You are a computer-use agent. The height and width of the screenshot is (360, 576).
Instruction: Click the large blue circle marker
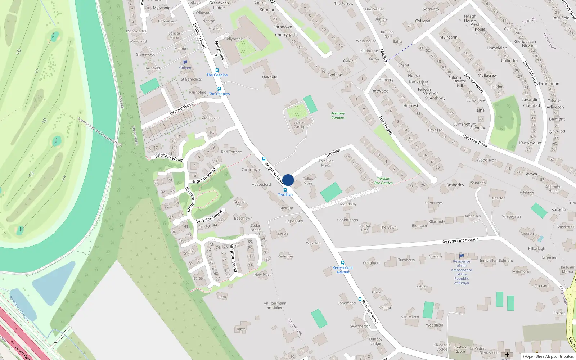[288, 180]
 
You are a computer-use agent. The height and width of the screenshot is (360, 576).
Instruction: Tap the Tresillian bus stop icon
[285, 190]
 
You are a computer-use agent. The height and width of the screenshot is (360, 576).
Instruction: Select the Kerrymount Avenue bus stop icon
[343, 263]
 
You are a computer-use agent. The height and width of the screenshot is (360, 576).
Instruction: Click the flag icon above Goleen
[185, 63]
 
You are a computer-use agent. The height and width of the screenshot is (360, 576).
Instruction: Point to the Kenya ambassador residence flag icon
[462, 256]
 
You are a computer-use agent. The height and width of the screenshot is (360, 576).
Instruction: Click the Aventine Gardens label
[338, 116]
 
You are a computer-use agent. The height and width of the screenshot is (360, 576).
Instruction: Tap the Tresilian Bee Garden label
[383, 181]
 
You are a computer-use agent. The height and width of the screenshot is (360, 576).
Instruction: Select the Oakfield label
[270, 77]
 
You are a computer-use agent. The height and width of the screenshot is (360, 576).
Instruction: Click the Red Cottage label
[231, 152]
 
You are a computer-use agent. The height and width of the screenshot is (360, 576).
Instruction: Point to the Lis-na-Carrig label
[298, 125]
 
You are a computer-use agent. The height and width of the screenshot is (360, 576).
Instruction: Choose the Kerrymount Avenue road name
[460, 240]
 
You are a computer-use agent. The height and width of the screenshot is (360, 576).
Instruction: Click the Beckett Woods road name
[183, 108]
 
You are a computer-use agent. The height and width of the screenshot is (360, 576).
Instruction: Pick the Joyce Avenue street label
[474, 83]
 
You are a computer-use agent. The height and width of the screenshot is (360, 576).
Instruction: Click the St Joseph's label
[294, 221]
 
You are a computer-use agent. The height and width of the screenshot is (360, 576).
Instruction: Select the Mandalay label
[348, 204]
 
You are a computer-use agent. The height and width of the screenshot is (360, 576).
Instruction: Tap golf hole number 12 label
[44, 121]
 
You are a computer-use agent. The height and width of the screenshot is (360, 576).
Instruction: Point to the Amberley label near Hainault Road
[455, 185]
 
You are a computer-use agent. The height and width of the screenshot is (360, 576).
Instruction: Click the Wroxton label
[313, 243]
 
